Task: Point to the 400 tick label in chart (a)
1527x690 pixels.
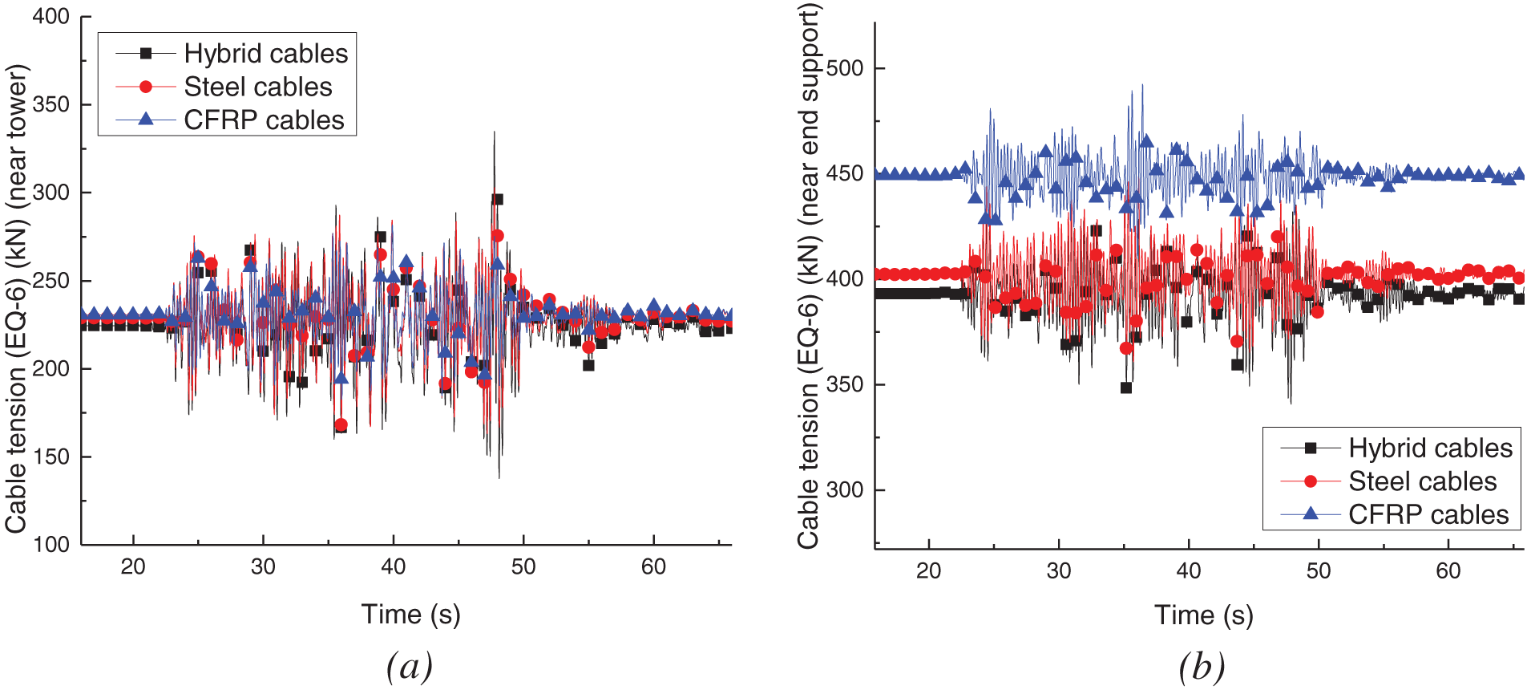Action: tap(51, 16)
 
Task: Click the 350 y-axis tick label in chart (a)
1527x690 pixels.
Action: tap(51, 104)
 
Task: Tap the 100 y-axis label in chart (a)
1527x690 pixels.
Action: tap(51, 545)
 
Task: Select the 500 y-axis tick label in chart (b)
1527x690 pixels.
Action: tap(845, 68)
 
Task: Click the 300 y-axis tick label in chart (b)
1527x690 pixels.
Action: tap(845, 489)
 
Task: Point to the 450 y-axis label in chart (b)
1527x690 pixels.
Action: tap(845, 174)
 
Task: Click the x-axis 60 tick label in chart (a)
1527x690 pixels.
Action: tap(653, 567)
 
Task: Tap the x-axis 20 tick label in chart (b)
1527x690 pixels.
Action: tap(928, 571)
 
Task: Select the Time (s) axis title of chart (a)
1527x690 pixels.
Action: tap(410, 615)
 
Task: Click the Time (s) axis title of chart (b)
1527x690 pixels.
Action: tap(1203, 615)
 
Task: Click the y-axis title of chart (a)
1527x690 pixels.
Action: tap(16, 298)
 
